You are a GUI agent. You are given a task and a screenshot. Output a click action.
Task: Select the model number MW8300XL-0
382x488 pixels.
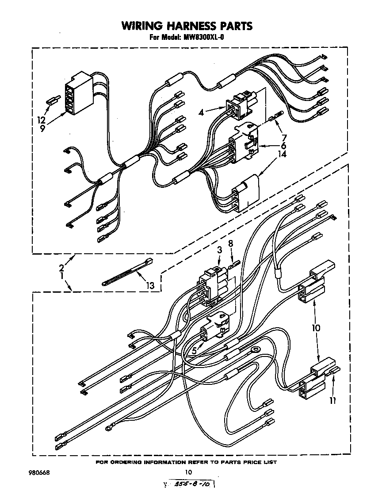click(x=203, y=38)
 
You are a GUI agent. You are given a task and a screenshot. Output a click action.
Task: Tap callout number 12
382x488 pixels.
click(x=41, y=119)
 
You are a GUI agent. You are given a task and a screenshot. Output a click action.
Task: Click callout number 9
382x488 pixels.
click(x=42, y=129)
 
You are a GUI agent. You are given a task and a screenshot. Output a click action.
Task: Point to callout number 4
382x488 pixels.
click(x=202, y=112)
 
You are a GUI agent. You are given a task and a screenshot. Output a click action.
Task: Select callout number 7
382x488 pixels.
click(x=284, y=138)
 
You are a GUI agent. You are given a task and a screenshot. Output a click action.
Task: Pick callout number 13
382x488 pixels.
click(x=150, y=286)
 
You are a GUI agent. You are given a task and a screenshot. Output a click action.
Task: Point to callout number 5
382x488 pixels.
click(x=194, y=352)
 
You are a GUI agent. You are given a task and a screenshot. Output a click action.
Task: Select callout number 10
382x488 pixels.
click(x=316, y=328)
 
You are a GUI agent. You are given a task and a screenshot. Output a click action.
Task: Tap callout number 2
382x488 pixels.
click(x=62, y=267)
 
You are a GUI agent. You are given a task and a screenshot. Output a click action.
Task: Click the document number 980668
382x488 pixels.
click(x=39, y=472)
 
